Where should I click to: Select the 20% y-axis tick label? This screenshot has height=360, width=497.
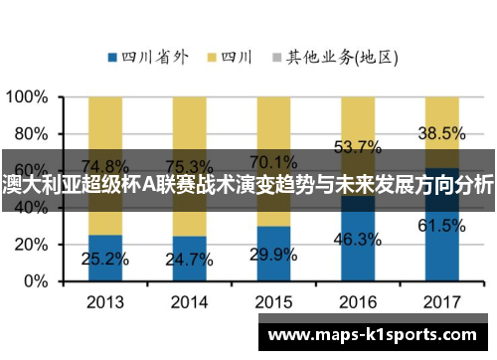[x=31, y=245]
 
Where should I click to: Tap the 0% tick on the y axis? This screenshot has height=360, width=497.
[x=36, y=281]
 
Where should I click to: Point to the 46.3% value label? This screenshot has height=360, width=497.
[x=358, y=240]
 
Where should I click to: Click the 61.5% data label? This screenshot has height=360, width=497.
[x=442, y=226]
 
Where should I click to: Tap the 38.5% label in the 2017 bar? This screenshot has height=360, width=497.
[x=442, y=132]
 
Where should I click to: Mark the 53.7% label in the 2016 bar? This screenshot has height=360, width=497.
[x=358, y=147]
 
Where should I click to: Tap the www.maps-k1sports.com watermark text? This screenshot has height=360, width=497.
[x=372, y=334]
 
